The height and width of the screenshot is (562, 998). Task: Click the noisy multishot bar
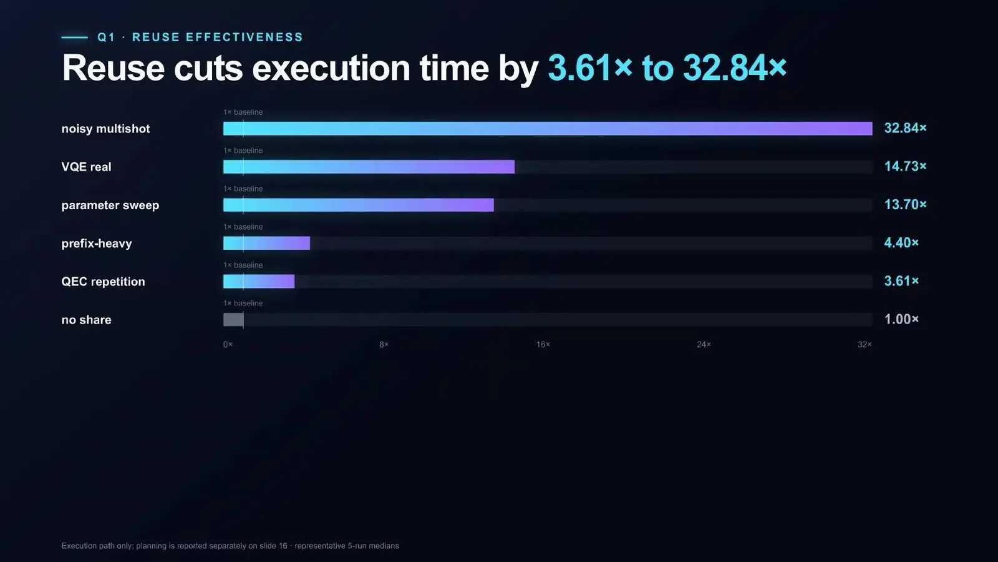tap(548, 129)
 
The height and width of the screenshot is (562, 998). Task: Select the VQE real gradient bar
tap(369, 167)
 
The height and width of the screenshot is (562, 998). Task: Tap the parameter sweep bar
tap(358, 205)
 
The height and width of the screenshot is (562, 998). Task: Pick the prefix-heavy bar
tap(266, 243)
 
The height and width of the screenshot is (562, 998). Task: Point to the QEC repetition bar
tap(259, 282)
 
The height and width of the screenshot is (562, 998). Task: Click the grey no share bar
tap(233, 319)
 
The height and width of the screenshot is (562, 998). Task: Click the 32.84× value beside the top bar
tap(905, 129)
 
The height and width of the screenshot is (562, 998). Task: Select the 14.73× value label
tap(905, 166)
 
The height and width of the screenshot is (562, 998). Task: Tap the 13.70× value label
tap(905, 205)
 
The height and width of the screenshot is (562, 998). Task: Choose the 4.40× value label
tap(901, 243)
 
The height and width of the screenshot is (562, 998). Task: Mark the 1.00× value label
tap(901, 319)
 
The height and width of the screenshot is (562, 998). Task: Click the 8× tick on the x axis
tap(384, 344)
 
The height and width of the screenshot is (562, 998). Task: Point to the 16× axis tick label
tap(543, 344)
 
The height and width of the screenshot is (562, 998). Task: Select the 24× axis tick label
tap(704, 344)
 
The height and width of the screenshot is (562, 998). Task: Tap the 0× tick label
tap(228, 344)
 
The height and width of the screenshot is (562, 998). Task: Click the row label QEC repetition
tap(104, 282)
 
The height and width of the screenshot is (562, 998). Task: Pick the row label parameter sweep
tap(110, 205)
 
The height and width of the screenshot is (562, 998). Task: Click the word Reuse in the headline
tap(113, 68)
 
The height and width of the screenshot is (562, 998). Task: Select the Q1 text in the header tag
tap(106, 37)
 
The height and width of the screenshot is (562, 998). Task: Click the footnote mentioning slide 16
tap(230, 546)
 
